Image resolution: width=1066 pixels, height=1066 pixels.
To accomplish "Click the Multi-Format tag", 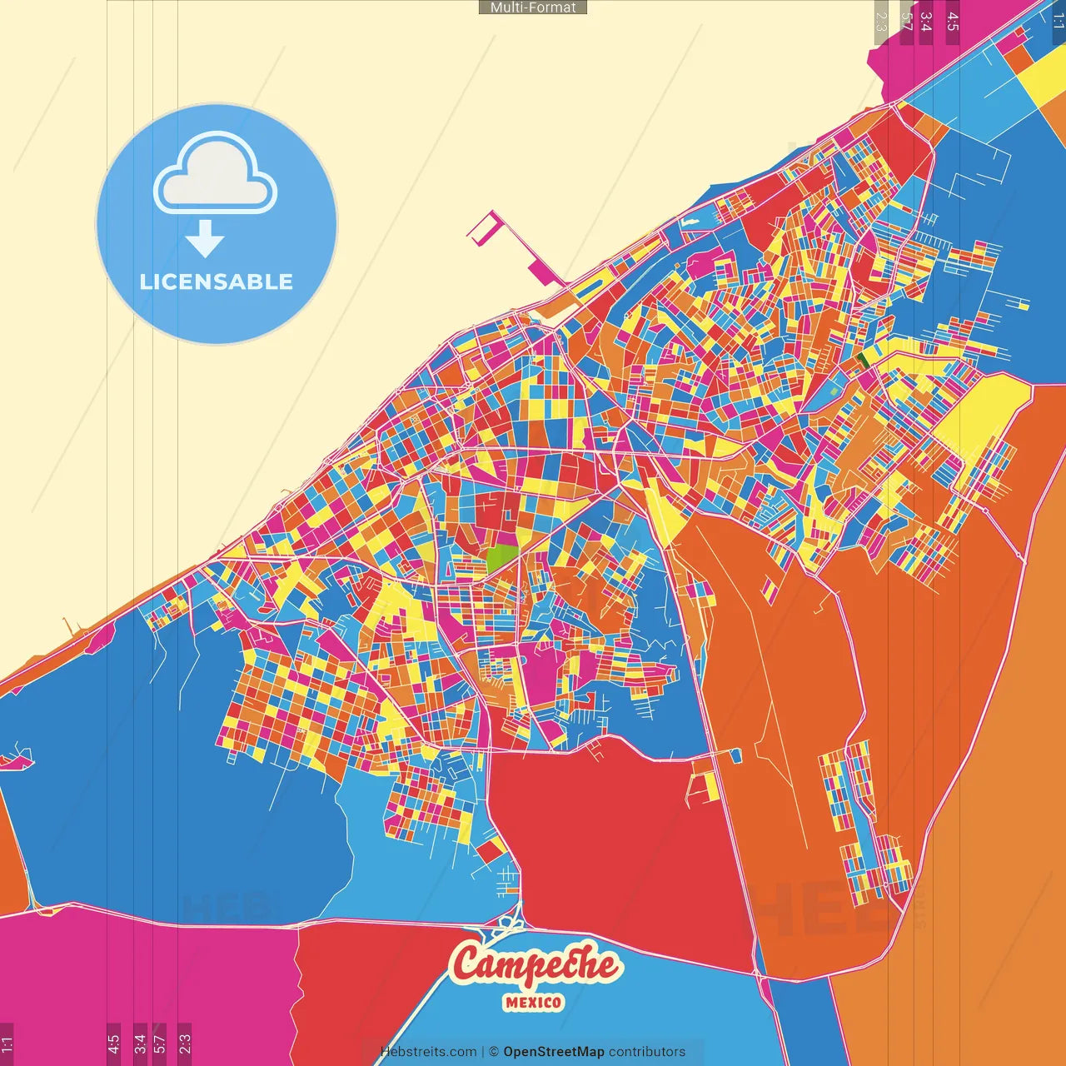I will coord(533,7).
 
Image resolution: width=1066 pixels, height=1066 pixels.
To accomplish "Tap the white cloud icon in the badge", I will coord(215,172).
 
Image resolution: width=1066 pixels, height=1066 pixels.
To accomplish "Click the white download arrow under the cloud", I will coord(205,240).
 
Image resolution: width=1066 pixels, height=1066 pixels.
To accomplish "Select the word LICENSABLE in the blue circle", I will coord(217,281).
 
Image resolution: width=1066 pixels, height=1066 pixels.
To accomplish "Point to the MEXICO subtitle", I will coord(533,1003).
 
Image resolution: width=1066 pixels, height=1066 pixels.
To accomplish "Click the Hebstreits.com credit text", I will coord(428,1052).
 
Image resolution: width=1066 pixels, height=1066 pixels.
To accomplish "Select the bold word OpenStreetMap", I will coord(554,1052).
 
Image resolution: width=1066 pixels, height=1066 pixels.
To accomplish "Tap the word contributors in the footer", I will coord(647,1052).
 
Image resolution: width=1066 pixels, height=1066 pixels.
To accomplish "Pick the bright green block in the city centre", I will coord(501,557).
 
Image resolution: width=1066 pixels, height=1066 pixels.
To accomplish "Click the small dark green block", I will coord(861,360).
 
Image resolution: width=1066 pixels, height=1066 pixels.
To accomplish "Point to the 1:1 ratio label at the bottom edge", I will coord(7,1044).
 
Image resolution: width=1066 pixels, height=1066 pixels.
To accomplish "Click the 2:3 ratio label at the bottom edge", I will coord(185,1044).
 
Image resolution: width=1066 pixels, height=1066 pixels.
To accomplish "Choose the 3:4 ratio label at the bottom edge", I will coord(140,1044).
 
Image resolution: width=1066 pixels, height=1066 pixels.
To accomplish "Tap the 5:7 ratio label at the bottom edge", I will coord(160,1044).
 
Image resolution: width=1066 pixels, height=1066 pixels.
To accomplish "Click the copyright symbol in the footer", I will coord(494,1052).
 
